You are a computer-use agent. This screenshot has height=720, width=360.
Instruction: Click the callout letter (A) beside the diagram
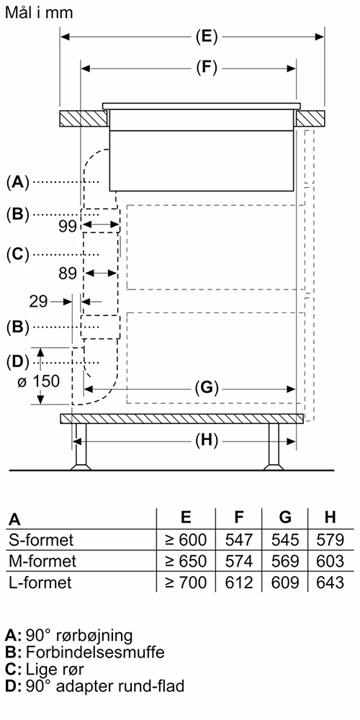[17, 182]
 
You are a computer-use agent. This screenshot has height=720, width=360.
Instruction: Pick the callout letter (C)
[17, 254]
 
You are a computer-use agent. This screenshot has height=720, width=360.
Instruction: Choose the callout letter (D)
[17, 362]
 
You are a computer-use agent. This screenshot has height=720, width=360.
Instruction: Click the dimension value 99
[68, 226]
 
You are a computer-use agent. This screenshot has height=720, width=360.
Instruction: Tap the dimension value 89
[68, 274]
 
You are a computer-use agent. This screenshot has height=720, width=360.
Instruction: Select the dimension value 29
[38, 302]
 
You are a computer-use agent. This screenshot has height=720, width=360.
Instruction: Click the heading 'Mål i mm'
[39, 12]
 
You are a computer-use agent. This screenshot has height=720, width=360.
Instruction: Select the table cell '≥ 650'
[186, 561]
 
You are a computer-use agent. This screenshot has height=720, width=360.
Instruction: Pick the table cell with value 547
[239, 539]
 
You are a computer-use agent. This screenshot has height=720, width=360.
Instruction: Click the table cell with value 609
[284, 582]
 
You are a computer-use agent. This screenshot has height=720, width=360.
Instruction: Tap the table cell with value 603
[330, 561]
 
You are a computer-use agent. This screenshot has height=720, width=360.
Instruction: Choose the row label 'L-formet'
[40, 582]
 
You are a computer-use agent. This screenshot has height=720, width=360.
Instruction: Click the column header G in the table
[285, 517]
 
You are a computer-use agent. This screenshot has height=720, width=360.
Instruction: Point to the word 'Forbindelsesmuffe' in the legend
[95, 652]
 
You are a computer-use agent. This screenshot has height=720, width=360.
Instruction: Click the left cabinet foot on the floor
[81, 447]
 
